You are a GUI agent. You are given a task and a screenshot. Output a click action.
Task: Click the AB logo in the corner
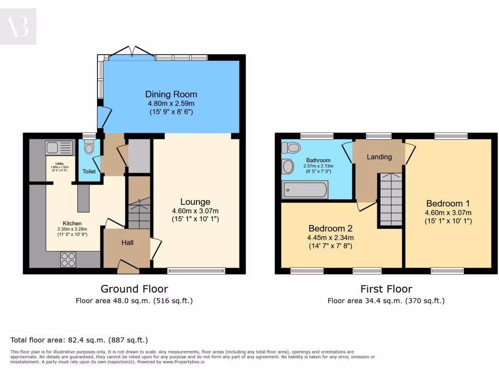pyautogui.click(x=18, y=26)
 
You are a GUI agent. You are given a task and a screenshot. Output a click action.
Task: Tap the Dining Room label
pyautogui.click(x=171, y=94)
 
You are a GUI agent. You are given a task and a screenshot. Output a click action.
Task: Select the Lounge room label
pyautogui.click(x=195, y=202)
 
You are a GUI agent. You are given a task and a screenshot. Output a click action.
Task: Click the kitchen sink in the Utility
pyautogui.click(x=58, y=147)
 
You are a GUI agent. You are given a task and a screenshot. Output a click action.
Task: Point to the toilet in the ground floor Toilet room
pyautogui.click(x=89, y=147)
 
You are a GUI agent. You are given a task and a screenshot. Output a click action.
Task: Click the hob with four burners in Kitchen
pyautogui.click(x=68, y=259)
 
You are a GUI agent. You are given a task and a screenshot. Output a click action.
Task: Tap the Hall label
pyautogui.click(x=127, y=243)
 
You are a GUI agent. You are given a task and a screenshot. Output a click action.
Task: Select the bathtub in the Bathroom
pyautogui.click(x=305, y=190)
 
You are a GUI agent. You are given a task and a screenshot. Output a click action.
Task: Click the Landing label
pyautogui.click(x=379, y=157)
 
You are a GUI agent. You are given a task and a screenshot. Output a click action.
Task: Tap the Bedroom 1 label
pyautogui.click(x=448, y=204)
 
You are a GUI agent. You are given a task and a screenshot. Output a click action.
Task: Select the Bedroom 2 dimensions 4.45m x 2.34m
pyautogui.click(x=330, y=238)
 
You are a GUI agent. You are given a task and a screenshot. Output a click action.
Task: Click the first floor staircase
pyautogui.click(x=391, y=200)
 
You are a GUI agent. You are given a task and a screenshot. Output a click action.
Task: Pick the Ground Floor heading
pyautogui.click(x=134, y=289)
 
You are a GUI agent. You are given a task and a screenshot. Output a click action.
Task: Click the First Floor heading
pyautogui.click(x=386, y=289)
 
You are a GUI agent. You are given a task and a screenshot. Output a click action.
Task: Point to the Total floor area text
pyautogui.click(x=79, y=340)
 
